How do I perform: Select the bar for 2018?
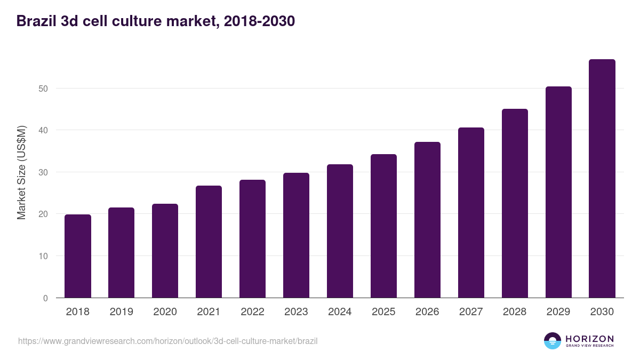point(78,256)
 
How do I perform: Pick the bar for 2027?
point(471,213)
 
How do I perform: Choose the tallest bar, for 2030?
point(602,179)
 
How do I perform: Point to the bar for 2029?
point(558,192)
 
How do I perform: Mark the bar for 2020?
point(165,251)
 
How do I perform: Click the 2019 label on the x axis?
point(121,312)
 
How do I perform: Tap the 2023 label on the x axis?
point(296,312)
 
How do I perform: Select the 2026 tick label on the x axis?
point(427,312)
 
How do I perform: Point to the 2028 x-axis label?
point(515,312)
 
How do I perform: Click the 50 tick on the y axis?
point(43,89)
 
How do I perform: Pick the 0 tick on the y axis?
point(45,298)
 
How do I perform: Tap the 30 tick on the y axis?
point(43,172)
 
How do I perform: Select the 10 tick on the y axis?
point(43,256)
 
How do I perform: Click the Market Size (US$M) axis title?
point(21,172)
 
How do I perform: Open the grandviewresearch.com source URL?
point(167,341)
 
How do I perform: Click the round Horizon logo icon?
point(553,341)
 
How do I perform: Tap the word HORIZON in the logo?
point(589,339)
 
